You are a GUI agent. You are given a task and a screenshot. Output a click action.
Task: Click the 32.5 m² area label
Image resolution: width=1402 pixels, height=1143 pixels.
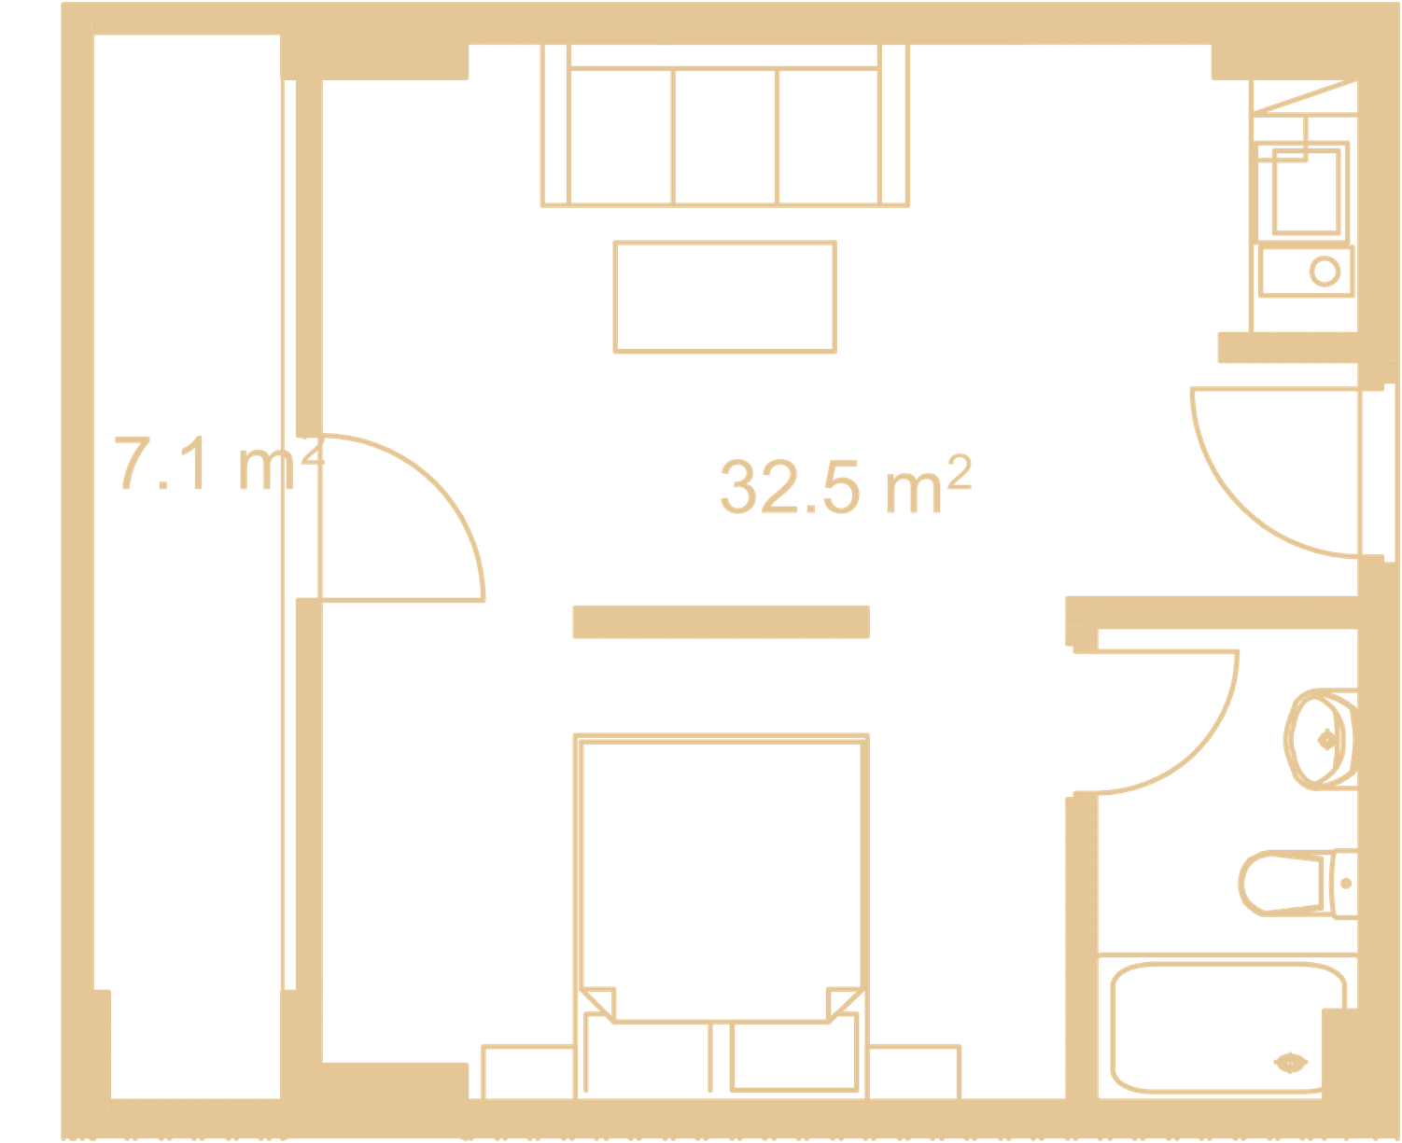click(x=846, y=485)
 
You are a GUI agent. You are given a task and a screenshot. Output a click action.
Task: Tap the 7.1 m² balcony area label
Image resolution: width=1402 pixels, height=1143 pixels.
click(x=218, y=463)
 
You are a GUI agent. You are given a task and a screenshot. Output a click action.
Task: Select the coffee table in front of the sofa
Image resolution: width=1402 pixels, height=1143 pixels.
click(x=724, y=297)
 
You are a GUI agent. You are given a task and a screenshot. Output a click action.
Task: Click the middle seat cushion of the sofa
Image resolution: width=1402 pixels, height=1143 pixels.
click(x=724, y=136)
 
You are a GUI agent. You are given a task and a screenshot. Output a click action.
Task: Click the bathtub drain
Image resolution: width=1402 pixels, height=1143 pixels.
click(x=1290, y=1063)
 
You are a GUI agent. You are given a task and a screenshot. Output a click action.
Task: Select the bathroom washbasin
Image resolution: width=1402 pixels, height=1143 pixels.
click(x=1320, y=739)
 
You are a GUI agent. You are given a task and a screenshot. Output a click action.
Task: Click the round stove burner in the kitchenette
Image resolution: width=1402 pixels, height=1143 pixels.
click(x=1325, y=272)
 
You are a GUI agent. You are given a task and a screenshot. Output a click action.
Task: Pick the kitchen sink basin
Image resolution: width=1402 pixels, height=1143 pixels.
click(x=1306, y=192)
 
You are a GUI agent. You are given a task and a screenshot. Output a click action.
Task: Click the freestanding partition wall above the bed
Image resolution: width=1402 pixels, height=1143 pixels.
click(x=722, y=622)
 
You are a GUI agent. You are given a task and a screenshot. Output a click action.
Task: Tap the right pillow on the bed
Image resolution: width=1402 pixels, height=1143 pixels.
click(x=794, y=1056)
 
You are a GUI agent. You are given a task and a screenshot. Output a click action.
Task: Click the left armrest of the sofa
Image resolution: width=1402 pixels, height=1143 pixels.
click(x=555, y=125)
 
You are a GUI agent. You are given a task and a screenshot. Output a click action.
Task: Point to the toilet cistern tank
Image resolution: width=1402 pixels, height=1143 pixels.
click(x=1345, y=884)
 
